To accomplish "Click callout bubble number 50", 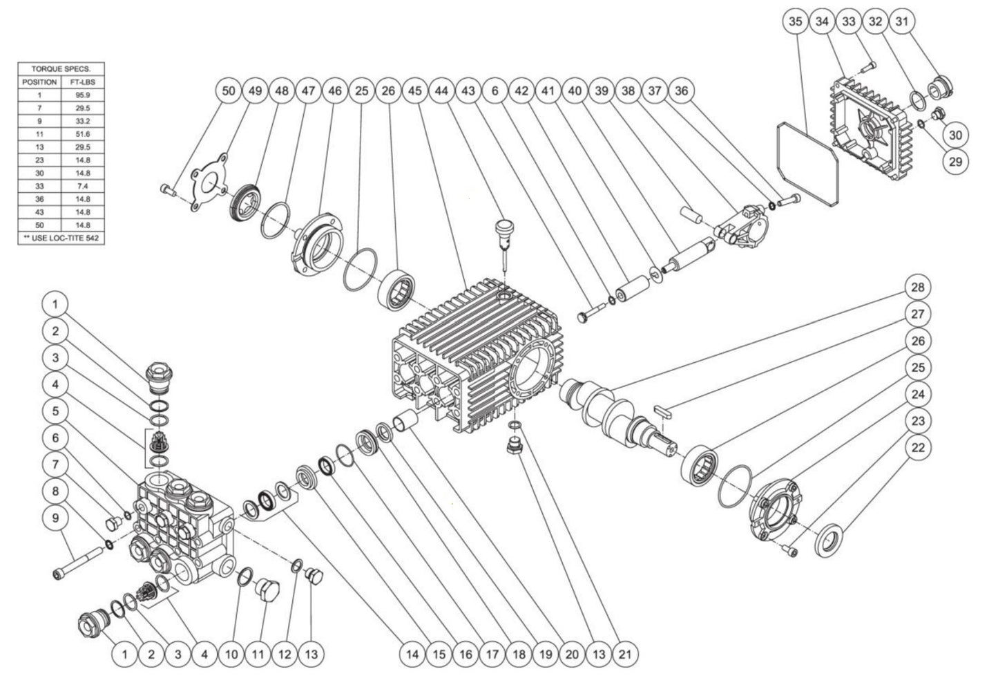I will coord(228,91).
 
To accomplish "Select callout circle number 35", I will coord(795,21).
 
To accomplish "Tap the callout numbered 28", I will coord(919,287).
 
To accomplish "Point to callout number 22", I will coord(919,448).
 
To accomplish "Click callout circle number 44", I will coord(443,91).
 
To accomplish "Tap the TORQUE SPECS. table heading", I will coord(61,69).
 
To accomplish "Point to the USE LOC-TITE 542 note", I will coord(61,238).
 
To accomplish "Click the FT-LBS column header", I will coord(83,82).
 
